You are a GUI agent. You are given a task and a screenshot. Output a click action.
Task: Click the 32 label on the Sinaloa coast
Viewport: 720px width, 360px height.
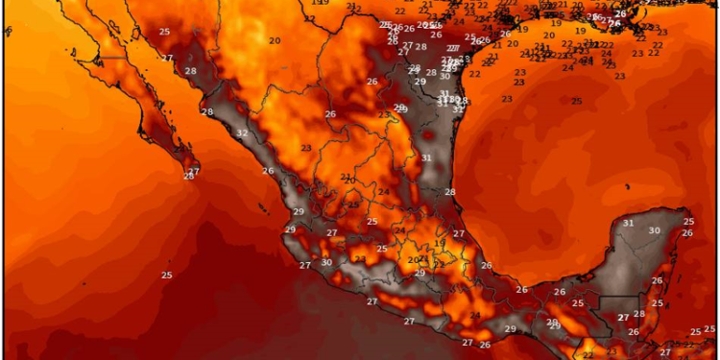click(241, 133)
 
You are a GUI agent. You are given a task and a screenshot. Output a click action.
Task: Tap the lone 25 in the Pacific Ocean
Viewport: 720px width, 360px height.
click(166, 276)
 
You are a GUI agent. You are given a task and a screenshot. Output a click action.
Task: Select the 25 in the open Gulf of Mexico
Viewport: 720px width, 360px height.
click(576, 101)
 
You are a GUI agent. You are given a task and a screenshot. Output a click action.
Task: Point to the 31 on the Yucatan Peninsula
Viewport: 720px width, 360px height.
click(629, 223)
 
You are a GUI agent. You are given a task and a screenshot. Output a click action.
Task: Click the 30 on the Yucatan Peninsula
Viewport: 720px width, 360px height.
click(654, 230)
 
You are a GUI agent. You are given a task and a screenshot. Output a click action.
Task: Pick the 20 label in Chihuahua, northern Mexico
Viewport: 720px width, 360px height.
click(275, 40)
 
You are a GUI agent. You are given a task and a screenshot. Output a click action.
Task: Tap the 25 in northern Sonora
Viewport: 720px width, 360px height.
click(165, 32)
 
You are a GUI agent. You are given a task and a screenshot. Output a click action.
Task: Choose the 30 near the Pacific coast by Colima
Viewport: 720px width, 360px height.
click(326, 262)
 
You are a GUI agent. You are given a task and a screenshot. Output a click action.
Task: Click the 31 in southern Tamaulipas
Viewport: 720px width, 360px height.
click(425, 157)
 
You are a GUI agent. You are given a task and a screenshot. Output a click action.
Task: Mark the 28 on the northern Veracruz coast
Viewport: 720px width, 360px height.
click(449, 192)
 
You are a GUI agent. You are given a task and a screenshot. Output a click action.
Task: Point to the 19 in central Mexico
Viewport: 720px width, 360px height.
click(439, 244)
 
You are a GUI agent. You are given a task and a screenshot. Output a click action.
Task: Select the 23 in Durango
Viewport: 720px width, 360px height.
click(305, 147)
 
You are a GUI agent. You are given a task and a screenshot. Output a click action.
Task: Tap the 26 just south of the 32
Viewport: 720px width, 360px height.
click(268, 171)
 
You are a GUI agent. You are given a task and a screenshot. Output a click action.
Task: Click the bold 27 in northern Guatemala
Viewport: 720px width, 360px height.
click(623, 317)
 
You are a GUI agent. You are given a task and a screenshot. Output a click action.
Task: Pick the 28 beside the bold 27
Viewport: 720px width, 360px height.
click(639, 314)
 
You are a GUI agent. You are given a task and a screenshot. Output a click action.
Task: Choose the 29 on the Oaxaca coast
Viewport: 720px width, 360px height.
click(510, 329)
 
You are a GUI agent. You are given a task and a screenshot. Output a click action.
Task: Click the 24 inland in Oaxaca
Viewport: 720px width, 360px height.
click(474, 316)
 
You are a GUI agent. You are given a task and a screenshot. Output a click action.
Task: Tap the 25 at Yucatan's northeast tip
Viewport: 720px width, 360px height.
click(687, 222)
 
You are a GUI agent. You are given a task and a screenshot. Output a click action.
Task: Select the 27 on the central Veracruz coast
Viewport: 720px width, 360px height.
click(459, 233)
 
